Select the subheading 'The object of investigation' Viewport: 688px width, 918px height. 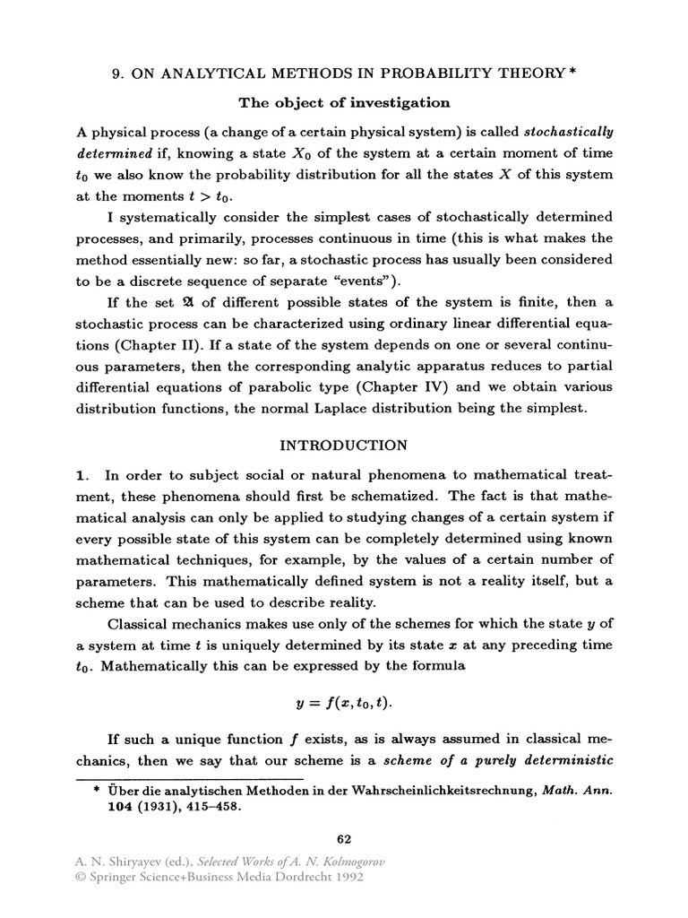(x=343, y=103)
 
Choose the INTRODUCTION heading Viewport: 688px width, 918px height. (x=344, y=446)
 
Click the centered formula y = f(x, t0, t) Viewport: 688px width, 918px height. (x=344, y=704)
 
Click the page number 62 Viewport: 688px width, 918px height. (x=343, y=839)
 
